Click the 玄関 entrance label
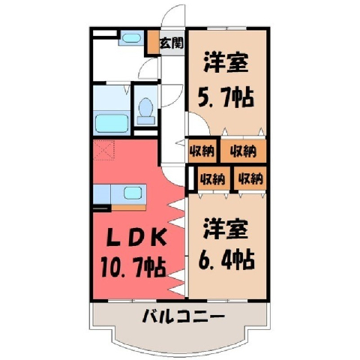pos(172,43)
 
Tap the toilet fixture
pos(146,111)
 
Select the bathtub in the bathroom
pos(112,123)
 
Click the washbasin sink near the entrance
pos(131,37)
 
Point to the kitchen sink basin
pos(133,193)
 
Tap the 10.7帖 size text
pos(133,267)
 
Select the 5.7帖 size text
pos(226,97)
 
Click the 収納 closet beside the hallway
pos(202,151)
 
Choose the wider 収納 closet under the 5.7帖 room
pos(243,151)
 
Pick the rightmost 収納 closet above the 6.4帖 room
pos(250,178)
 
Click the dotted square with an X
pos(104,149)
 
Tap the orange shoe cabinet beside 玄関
pos(153,42)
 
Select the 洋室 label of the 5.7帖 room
pos(226,62)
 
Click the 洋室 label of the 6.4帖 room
pos(226,229)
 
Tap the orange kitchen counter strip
pos(128,207)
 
